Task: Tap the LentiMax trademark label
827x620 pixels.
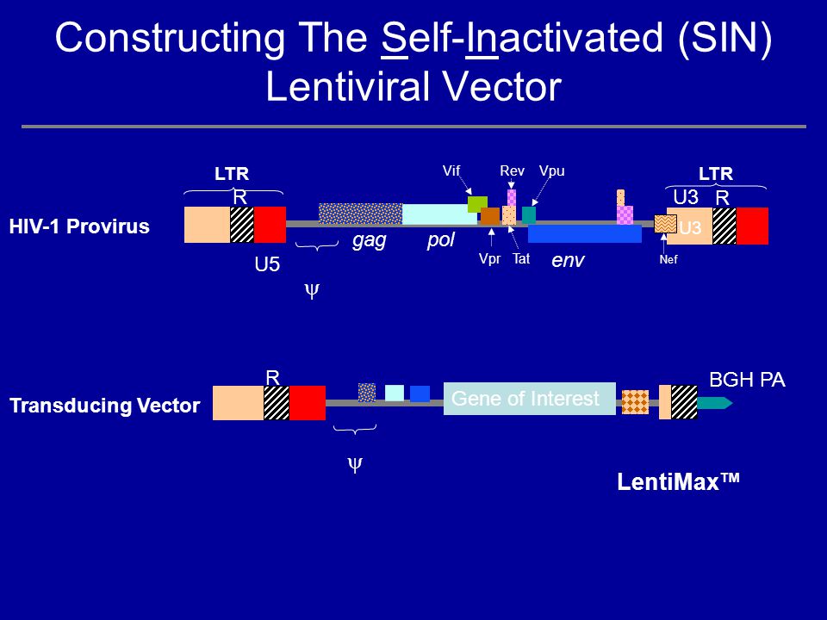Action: coord(679,482)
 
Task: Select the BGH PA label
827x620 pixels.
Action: coord(746,380)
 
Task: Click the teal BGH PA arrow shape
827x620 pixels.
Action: coord(715,403)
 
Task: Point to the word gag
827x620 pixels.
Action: coord(369,240)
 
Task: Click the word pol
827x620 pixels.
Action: coord(440,240)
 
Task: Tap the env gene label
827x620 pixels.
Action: coord(568,259)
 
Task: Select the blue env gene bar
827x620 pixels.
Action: coord(584,233)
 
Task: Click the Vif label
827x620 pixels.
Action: coord(451,171)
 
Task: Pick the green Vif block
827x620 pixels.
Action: coord(477,204)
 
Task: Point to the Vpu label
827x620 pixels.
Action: coord(551,171)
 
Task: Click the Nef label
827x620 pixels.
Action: coord(668,259)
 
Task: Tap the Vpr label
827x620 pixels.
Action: coord(489,258)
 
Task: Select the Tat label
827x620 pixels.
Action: coord(520,258)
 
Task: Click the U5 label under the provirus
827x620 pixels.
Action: coord(267,265)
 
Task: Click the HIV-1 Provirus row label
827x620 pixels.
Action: coord(79,227)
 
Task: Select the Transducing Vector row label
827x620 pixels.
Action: coord(104,406)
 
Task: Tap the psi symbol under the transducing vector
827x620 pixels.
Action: coord(354,465)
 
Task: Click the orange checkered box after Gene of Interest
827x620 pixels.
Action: coord(635,402)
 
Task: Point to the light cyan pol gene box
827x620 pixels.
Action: coord(439,214)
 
